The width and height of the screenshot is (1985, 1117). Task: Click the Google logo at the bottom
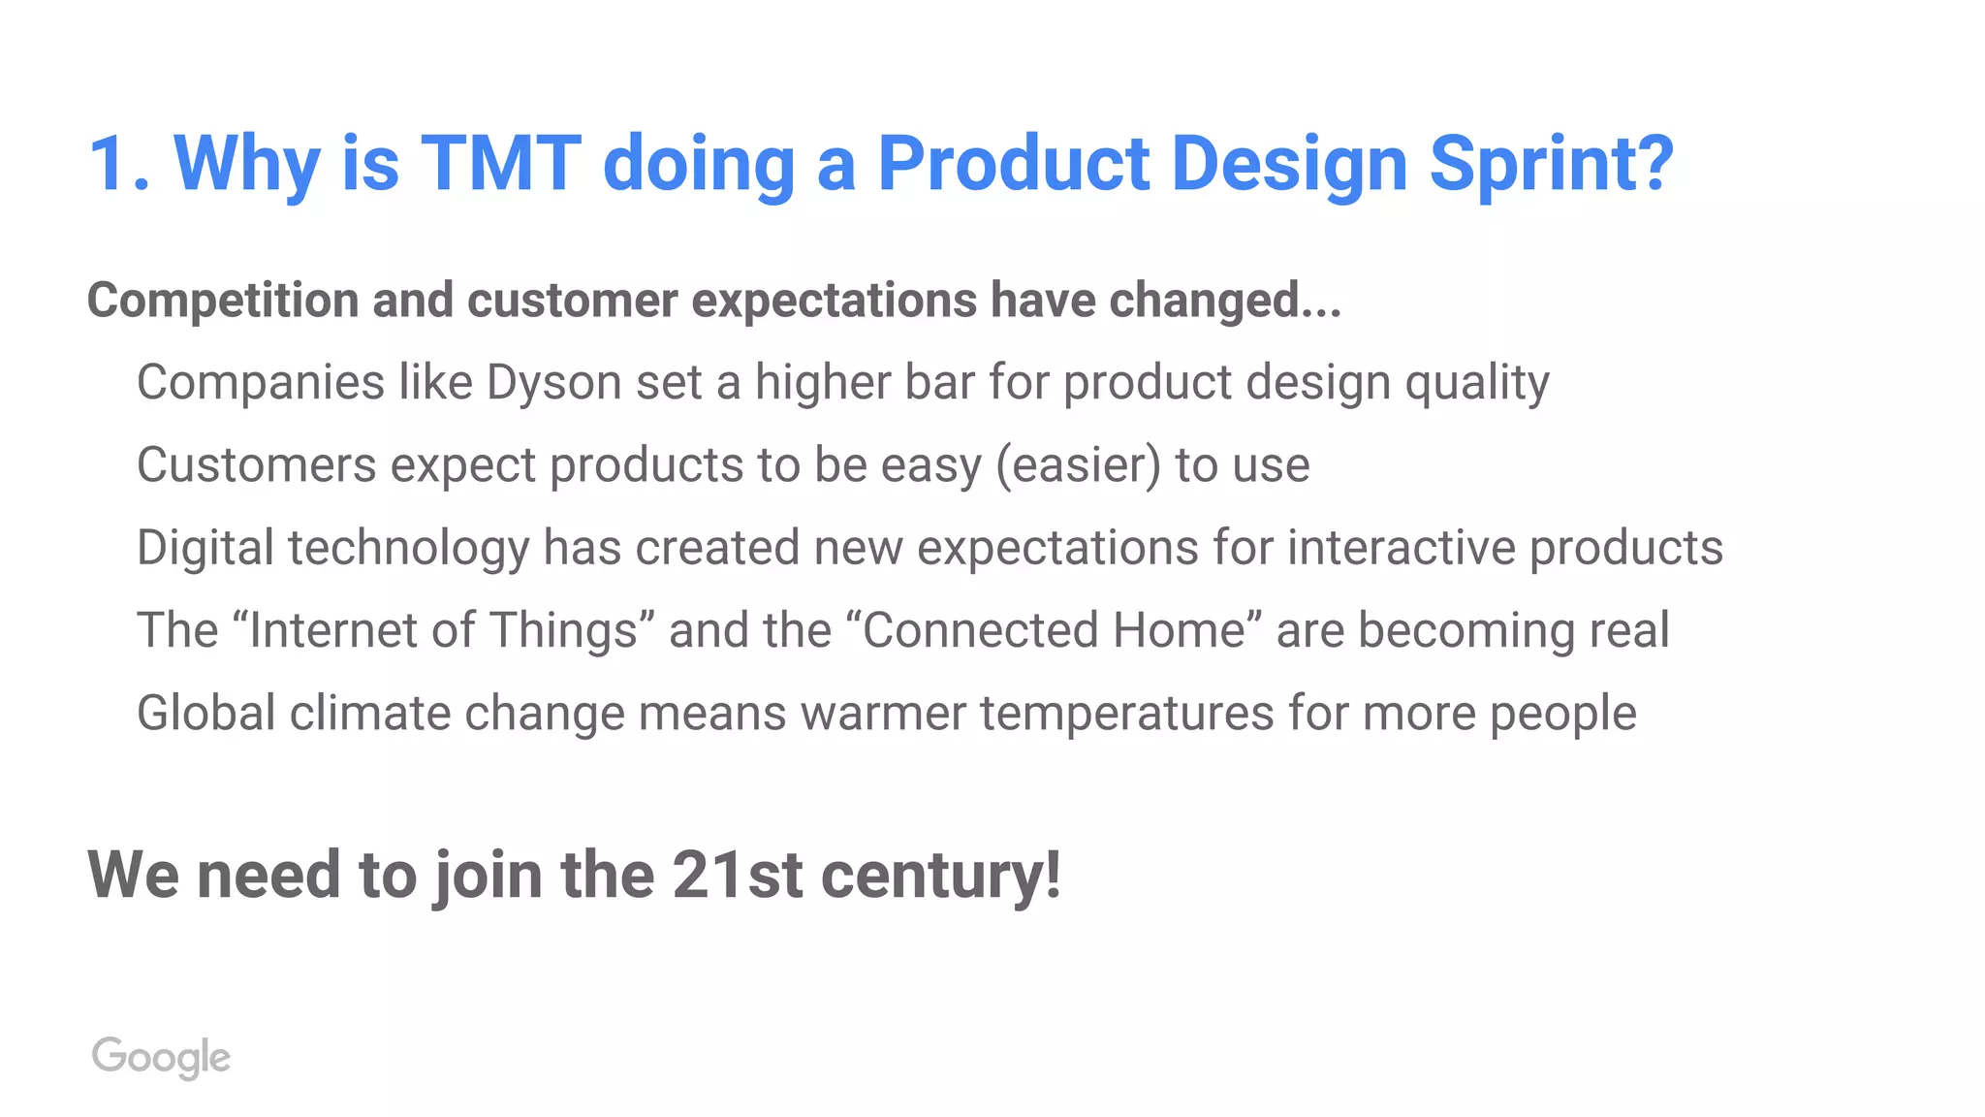click(161, 1056)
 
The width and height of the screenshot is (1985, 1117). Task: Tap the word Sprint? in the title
click(1551, 165)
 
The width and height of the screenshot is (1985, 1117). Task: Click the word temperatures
click(1126, 715)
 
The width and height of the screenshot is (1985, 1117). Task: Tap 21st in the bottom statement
click(737, 875)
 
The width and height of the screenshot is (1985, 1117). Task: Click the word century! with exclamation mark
click(940, 877)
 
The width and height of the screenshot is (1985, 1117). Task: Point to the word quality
click(1477, 384)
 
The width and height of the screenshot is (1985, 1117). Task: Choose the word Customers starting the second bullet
click(256, 465)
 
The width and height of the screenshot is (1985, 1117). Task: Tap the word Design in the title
click(1288, 165)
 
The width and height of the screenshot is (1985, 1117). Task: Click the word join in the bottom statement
click(488, 877)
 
